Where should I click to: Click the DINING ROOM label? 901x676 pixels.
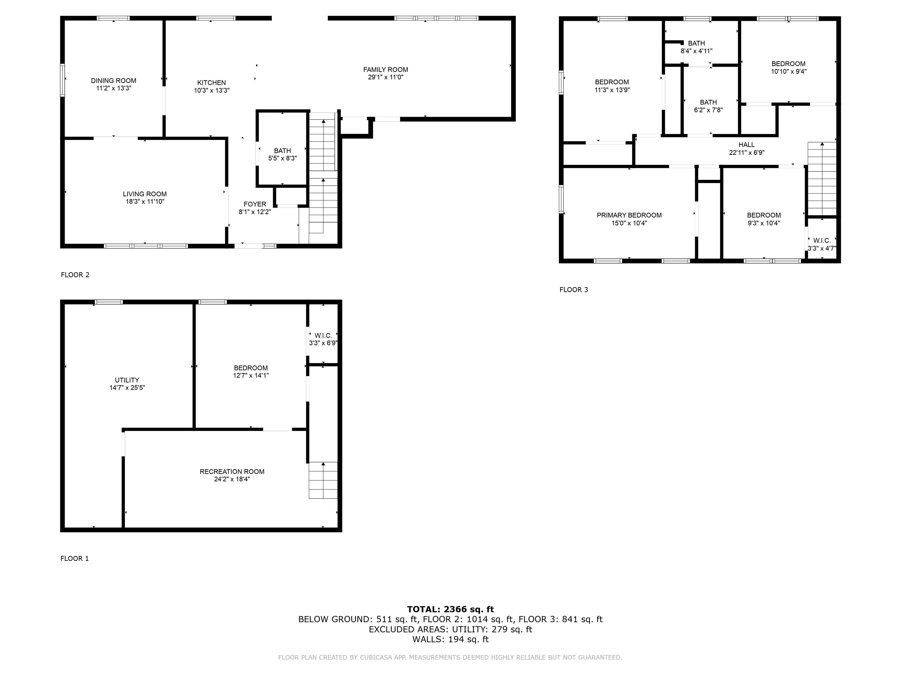[x=114, y=81]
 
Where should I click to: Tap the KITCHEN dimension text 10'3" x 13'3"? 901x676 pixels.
[x=212, y=90]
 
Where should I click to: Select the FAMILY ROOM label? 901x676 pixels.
[x=386, y=70]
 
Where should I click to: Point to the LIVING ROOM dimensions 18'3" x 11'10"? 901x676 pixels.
[x=145, y=201]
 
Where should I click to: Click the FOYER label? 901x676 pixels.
[x=255, y=204]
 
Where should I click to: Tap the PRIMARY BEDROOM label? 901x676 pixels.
[x=629, y=215]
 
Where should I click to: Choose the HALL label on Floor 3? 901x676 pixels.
[x=747, y=145]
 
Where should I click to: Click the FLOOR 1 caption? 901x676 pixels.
[x=74, y=558]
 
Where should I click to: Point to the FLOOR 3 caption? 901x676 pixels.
[x=574, y=290]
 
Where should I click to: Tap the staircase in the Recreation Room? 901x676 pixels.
[x=323, y=480]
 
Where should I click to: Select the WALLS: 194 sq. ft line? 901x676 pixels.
[x=450, y=639]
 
